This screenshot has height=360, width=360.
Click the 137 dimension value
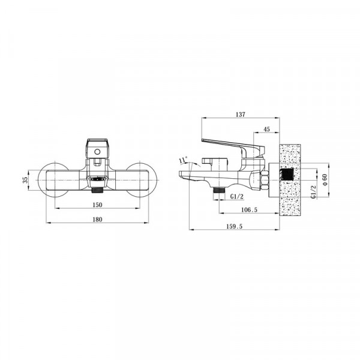point(241,114)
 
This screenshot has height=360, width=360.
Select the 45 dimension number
point(266,129)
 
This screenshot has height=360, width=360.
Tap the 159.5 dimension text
point(235,226)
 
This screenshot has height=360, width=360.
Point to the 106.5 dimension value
point(250,209)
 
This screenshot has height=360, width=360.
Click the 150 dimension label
point(97,205)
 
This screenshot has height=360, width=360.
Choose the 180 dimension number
point(97,220)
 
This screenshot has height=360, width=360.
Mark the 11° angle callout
point(184,160)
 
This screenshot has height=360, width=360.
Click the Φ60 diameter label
point(324,180)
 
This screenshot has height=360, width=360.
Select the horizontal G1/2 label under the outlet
point(237,197)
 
